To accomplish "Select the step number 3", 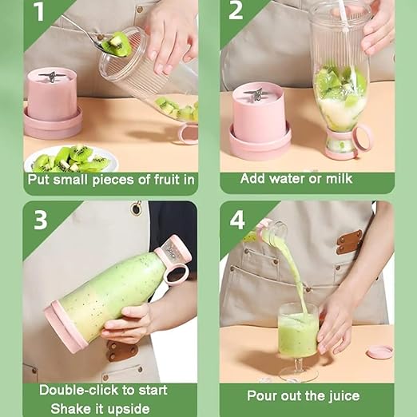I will tap(39, 219).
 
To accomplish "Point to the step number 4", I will tap(236, 219).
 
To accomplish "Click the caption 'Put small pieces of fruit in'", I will tap(111, 180).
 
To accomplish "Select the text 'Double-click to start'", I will tap(104, 390).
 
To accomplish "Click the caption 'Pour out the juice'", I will tap(303, 396).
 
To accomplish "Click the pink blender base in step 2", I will tap(260, 121).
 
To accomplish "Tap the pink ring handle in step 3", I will tap(177, 274).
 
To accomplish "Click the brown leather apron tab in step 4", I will tap(350, 241).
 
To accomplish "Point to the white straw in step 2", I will tap(343, 14).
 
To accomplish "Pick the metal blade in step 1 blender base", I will tap(53, 77).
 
